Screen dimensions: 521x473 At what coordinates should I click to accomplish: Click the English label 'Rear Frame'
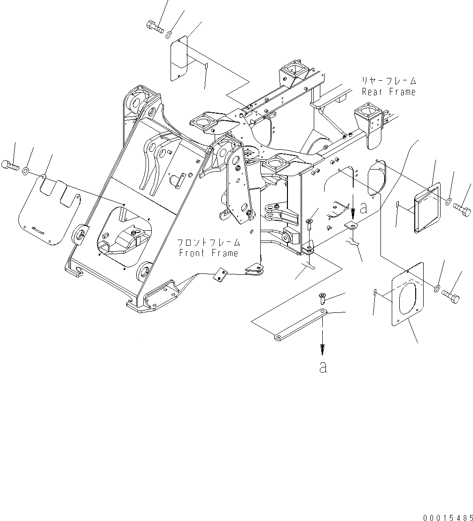(389, 92)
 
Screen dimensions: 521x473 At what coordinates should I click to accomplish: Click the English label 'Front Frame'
(209, 253)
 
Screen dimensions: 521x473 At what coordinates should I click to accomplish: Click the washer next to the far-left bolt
(26, 170)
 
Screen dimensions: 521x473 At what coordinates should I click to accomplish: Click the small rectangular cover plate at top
(179, 57)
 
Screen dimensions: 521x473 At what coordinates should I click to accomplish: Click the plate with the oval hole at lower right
(407, 294)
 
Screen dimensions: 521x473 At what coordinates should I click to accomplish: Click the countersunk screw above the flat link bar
(323, 297)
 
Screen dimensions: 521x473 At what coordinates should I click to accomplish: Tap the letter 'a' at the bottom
(322, 367)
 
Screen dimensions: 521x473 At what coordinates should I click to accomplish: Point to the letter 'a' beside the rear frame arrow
(363, 209)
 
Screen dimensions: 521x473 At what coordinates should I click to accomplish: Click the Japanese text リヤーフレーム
(389, 80)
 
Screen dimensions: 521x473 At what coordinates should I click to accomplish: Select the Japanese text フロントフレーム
(209, 242)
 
